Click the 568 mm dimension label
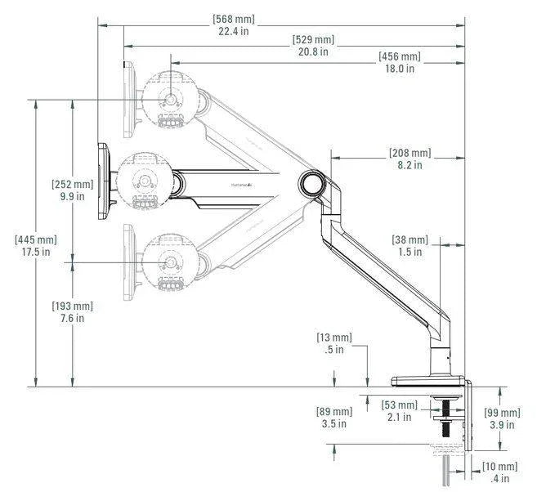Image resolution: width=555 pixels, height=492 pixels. click(234, 25)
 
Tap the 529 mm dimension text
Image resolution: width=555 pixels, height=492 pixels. click(313, 45)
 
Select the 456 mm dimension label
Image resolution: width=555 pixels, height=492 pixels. click(400, 62)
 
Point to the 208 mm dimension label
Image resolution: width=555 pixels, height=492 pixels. click(410, 159)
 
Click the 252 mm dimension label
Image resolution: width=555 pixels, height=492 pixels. click(73, 190)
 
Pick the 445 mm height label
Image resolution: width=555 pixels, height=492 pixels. click(36, 246)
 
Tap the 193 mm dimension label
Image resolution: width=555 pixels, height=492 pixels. click(73, 312)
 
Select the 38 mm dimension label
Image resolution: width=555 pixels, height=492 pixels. click(410, 246)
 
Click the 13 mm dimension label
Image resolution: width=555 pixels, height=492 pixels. click(334, 343)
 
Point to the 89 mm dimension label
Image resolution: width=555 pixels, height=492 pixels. click(334, 418)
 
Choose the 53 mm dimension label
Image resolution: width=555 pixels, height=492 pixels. click(400, 411)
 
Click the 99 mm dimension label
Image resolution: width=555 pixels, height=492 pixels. click(502, 418)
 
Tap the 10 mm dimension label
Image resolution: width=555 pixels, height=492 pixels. click(500, 472)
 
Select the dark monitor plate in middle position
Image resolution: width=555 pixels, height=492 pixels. click(103, 181)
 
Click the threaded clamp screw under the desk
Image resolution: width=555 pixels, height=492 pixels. click(445, 418)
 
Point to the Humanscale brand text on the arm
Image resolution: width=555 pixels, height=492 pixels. click(242, 185)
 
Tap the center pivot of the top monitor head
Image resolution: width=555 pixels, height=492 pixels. click(171, 100)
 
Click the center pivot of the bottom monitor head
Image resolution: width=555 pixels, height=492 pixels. click(171, 262)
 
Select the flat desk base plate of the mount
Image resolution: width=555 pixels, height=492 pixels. click(427, 381)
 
